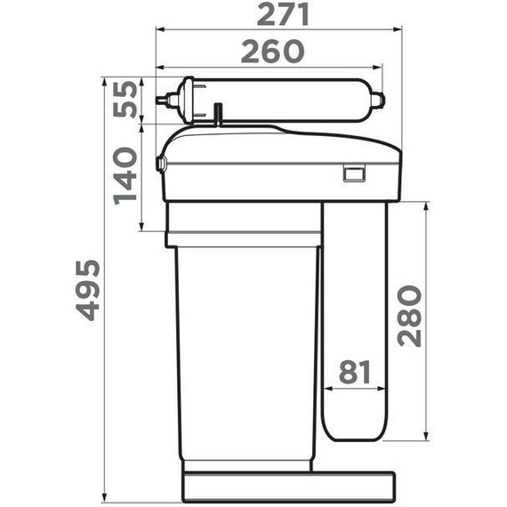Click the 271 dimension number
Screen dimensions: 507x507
283,14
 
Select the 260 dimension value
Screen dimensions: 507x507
272,51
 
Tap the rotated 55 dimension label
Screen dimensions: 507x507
125,100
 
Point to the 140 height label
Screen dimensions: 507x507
125,176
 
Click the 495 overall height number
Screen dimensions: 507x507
87,290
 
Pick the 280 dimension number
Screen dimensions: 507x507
409,316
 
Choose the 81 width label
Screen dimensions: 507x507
355,372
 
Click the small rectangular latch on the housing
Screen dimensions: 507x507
354,173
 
